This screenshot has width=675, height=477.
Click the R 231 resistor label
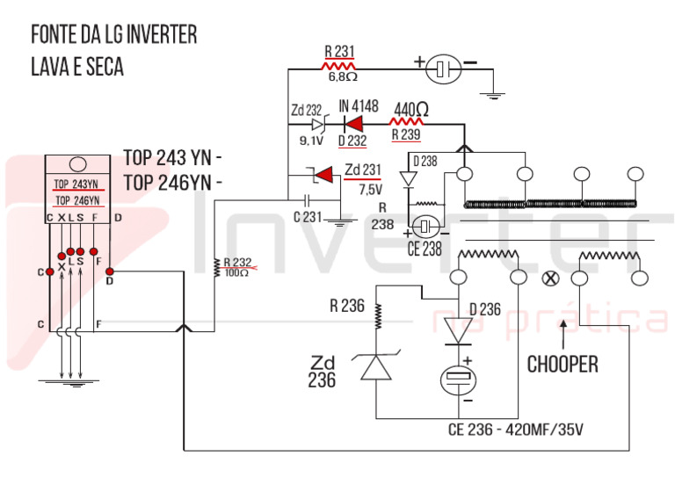click(x=339, y=52)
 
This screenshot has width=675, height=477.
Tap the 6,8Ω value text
click(x=343, y=77)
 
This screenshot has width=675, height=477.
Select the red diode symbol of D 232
click(x=353, y=125)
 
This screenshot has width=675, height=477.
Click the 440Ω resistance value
click(x=411, y=109)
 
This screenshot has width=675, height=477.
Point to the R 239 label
click(x=406, y=134)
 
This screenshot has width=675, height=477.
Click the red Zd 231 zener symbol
click(x=323, y=175)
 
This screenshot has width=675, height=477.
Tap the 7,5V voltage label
click(x=371, y=189)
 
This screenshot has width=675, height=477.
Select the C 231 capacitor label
click(x=308, y=217)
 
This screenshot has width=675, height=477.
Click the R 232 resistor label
click(x=237, y=263)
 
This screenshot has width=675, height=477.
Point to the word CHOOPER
click(x=562, y=365)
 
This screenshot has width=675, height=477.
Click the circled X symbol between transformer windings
click(x=549, y=278)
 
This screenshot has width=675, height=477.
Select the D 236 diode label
click(x=485, y=309)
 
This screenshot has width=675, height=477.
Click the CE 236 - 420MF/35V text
click(x=516, y=430)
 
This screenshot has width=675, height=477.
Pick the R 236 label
click(x=347, y=306)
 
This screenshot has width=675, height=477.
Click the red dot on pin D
click(x=110, y=271)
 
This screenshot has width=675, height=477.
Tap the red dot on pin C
click(x=50, y=271)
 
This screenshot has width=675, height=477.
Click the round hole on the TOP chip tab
click(x=78, y=164)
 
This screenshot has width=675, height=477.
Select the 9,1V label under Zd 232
click(x=311, y=141)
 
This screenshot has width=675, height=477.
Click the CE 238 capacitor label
click(x=425, y=249)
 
